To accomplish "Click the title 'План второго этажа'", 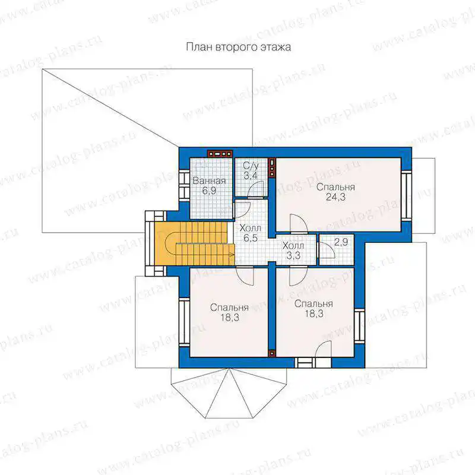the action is pyautogui.click(x=239, y=47).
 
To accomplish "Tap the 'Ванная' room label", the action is pyautogui.click(x=210, y=181).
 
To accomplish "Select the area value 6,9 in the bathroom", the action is pyautogui.click(x=209, y=191).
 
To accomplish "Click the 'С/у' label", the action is pyautogui.click(x=251, y=166).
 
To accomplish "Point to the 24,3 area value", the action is pyautogui.click(x=335, y=197).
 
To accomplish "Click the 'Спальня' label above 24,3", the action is pyautogui.click(x=335, y=187).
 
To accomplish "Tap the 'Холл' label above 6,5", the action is pyautogui.click(x=250, y=228).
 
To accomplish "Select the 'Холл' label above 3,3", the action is pyautogui.click(x=293, y=245).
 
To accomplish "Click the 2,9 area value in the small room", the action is pyautogui.click(x=341, y=242).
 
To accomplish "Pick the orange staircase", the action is pyautogui.click(x=194, y=243).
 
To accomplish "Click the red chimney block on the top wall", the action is pyautogui.click(x=220, y=154).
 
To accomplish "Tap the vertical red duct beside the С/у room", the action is pyautogui.click(x=272, y=167).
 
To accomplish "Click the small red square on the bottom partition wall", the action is pyautogui.click(x=272, y=353).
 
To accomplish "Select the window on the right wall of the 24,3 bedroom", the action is pyautogui.click(x=407, y=195).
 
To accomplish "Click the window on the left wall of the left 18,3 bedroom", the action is pyautogui.click(x=184, y=322).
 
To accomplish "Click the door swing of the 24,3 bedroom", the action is pyautogui.click(x=299, y=224).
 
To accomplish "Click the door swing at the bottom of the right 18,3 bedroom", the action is pyautogui.click(x=323, y=350).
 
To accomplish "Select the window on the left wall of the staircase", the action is pyautogui.click(x=150, y=243).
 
